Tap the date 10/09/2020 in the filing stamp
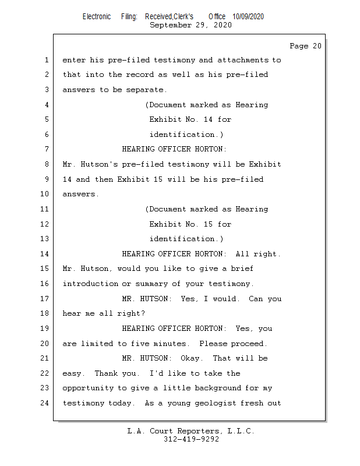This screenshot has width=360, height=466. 248,17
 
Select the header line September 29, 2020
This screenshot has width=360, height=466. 190,25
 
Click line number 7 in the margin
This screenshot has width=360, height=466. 47,150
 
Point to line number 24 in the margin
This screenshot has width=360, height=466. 45,403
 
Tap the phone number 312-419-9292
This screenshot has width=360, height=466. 191,439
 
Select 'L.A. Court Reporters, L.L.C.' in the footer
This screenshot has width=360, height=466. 190,431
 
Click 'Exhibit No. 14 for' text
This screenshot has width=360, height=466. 190,119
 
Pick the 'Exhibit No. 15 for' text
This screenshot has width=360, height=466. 190,224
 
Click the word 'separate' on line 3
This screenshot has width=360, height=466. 147,90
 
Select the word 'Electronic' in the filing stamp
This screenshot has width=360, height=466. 96,17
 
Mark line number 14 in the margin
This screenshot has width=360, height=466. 45,254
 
